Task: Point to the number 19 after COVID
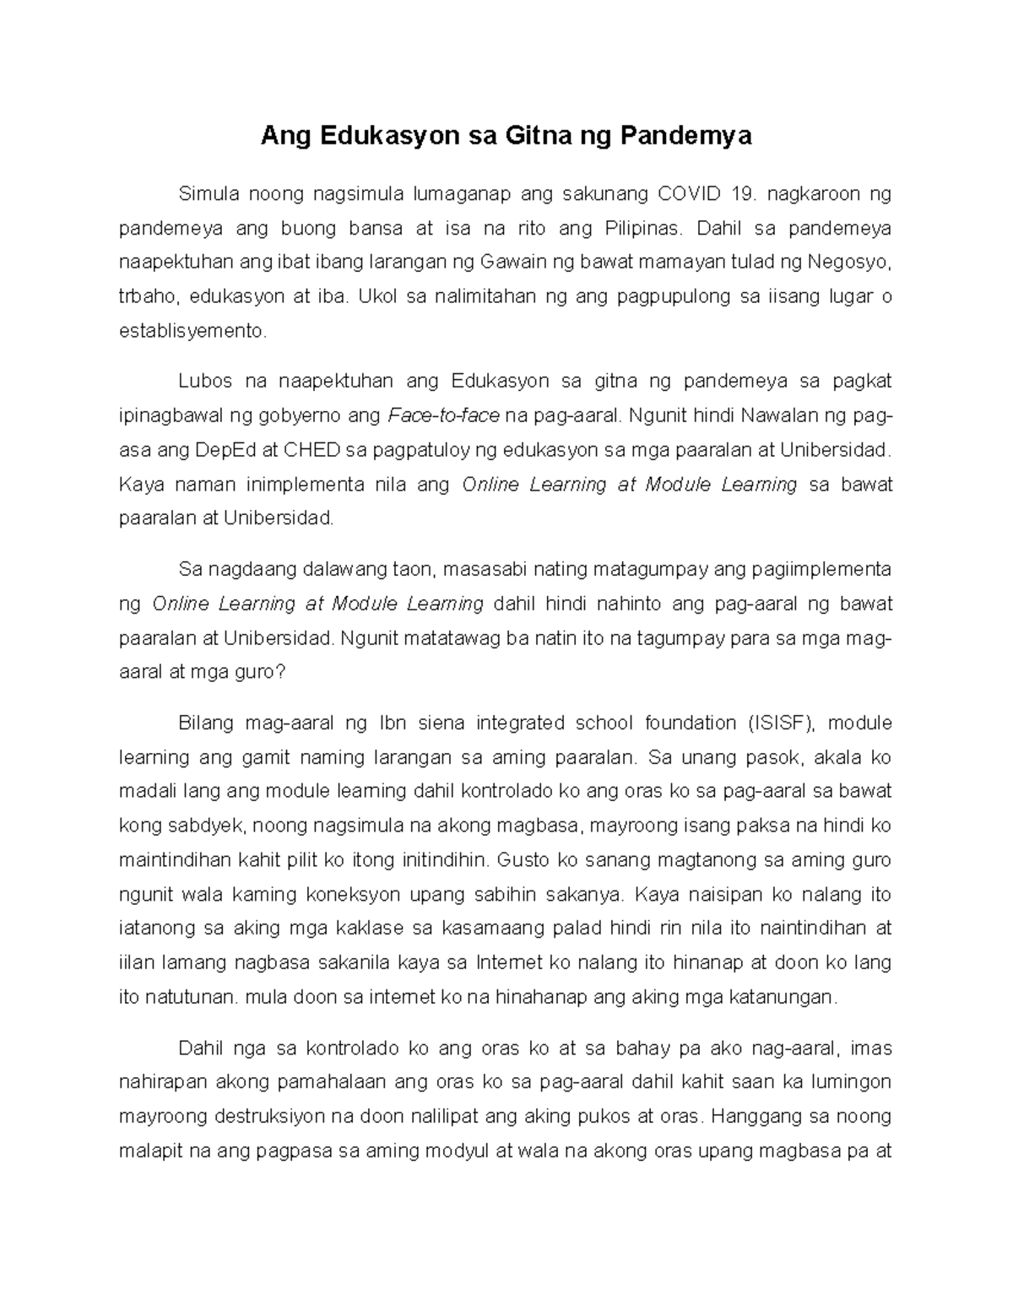coord(743,194)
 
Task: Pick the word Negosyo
coord(848,263)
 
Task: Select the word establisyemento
coord(192,331)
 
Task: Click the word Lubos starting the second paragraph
coord(203,382)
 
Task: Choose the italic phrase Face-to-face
coord(443,416)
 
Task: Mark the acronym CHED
coord(311,450)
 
